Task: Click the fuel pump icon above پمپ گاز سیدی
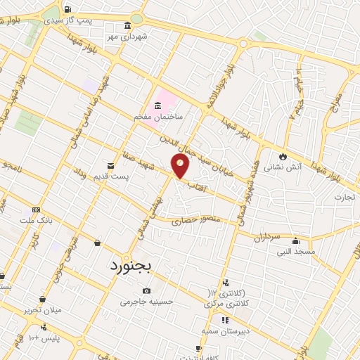point(67,10)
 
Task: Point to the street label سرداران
point(267,236)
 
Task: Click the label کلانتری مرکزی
point(226,304)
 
